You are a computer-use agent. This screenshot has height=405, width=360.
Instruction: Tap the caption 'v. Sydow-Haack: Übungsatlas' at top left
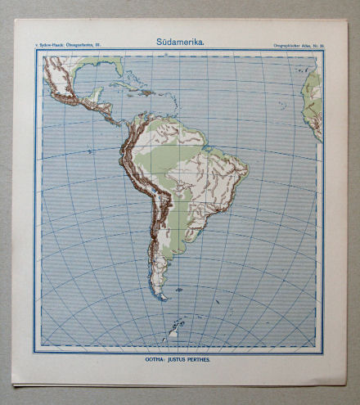pos(66,42)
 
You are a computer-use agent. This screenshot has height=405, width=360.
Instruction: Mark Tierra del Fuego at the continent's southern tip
pos(161,295)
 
